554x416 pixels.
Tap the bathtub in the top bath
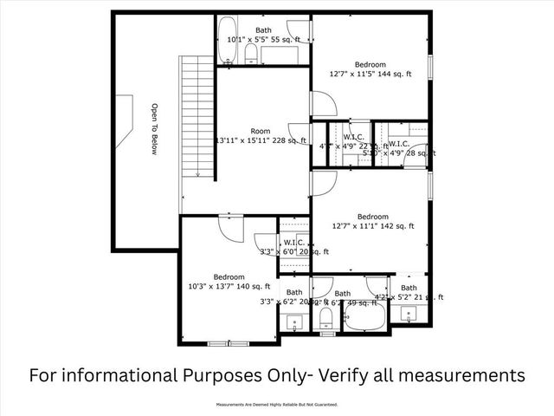click(x=227, y=39)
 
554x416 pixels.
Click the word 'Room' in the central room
click(x=260, y=131)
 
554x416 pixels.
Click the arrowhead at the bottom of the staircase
click(x=197, y=175)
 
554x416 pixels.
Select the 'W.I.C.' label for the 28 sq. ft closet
click(x=399, y=143)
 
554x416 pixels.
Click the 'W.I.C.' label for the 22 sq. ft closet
click(x=352, y=137)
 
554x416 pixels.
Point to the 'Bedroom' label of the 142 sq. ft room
click(x=372, y=217)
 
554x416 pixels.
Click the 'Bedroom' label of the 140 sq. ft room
click(x=229, y=277)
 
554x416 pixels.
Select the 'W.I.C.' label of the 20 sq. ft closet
click(x=294, y=243)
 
